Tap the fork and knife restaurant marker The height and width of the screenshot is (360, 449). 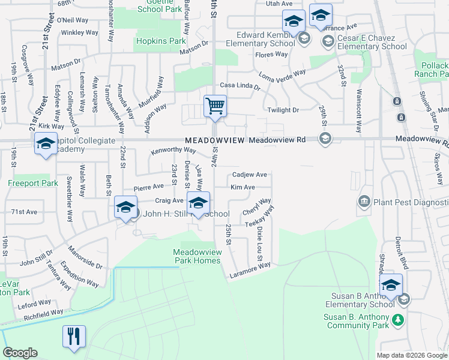tap(74, 337)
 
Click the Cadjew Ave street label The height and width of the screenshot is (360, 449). tap(250, 175)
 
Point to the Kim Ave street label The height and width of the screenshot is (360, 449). tap(243, 187)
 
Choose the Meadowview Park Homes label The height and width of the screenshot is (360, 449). tap(197, 256)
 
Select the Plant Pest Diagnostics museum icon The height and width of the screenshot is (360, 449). tap(363, 200)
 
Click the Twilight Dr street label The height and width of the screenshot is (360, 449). tap(283, 110)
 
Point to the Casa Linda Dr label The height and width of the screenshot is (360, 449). tap(240, 86)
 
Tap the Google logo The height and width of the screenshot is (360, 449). tap(21, 353)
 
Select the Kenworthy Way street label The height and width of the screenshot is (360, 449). tap(173, 149)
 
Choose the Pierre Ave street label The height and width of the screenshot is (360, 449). tap(148, 187)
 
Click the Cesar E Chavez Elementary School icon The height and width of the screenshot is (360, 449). tap(328, 41)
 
